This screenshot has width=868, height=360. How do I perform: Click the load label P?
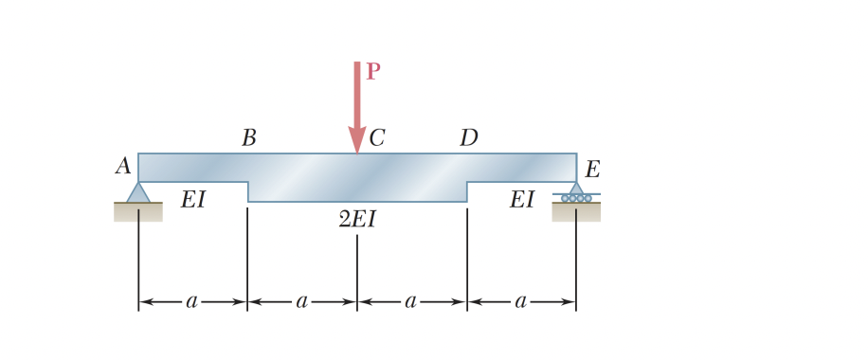[373, 72]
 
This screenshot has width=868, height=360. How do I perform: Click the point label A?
[123, 167]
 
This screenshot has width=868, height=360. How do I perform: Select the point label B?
[248, 138]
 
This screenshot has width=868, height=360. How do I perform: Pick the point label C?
[377, 138]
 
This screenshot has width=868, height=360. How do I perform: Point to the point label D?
[468, 138]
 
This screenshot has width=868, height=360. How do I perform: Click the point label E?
[592, 171]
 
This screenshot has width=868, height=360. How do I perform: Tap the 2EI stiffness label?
[357, 220]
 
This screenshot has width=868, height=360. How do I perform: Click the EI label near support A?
[193, 200]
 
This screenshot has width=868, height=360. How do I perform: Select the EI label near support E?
[522, 200]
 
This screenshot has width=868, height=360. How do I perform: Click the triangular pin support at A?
[138, 192]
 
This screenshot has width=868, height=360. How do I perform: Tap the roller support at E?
[576, 193]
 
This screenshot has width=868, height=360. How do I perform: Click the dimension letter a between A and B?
[192, 302]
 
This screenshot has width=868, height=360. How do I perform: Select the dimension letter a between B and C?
[302, 302]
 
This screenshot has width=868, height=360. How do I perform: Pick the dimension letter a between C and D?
[411, 302]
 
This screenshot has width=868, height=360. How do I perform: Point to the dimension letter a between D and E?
[521, 302]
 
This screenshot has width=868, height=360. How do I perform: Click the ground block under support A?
[138, 212]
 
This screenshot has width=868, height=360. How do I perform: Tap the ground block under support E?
[576, 212]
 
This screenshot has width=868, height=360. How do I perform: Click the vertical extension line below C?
[357, 270]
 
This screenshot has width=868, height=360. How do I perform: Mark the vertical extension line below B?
[248, 256]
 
